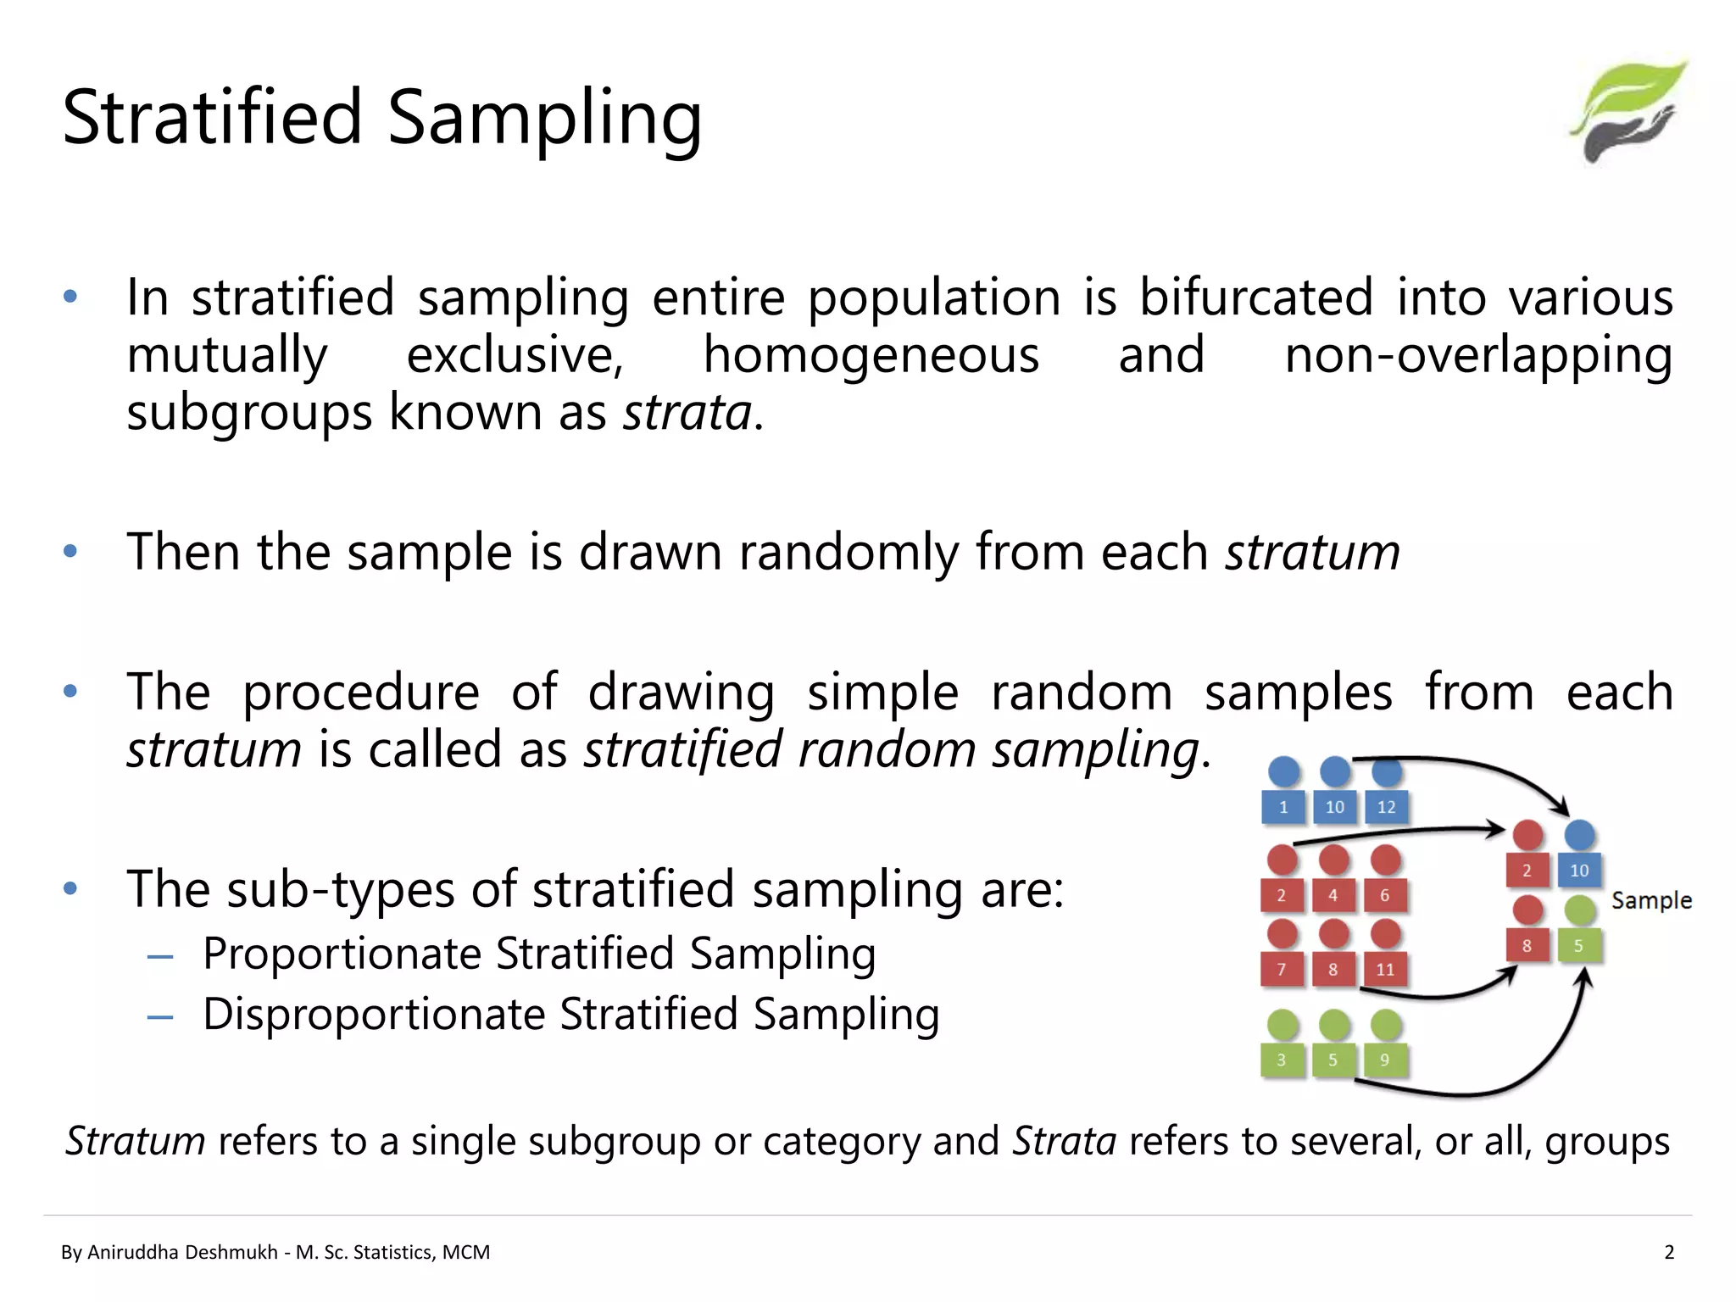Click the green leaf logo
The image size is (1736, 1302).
coord(1628,110)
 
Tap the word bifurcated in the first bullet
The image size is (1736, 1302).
coord(1255,298)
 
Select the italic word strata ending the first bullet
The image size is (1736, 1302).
coord(687,413)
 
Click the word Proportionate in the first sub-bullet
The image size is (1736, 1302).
coord(342,954)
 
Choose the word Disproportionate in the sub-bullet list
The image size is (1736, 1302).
coord(373,1015)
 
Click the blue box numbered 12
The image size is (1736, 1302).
coord(1386,807)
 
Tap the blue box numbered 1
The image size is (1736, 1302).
coord(1283,807)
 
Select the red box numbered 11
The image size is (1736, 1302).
coord(1385,970)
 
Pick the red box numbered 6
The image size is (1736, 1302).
coord(1385,895)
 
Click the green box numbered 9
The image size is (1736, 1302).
coord(1384,1060)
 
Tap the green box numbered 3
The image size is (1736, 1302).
coord(1281,1060)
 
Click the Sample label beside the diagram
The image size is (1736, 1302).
coord(1650,900)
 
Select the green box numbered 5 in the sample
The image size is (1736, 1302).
coord(1578,946)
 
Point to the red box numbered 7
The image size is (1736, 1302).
coord(1281,970)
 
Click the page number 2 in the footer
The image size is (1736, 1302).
coord(1669,1253)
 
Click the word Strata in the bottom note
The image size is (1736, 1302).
coord(1065,1141)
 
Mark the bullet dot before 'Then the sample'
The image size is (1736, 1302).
coord(70,552)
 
